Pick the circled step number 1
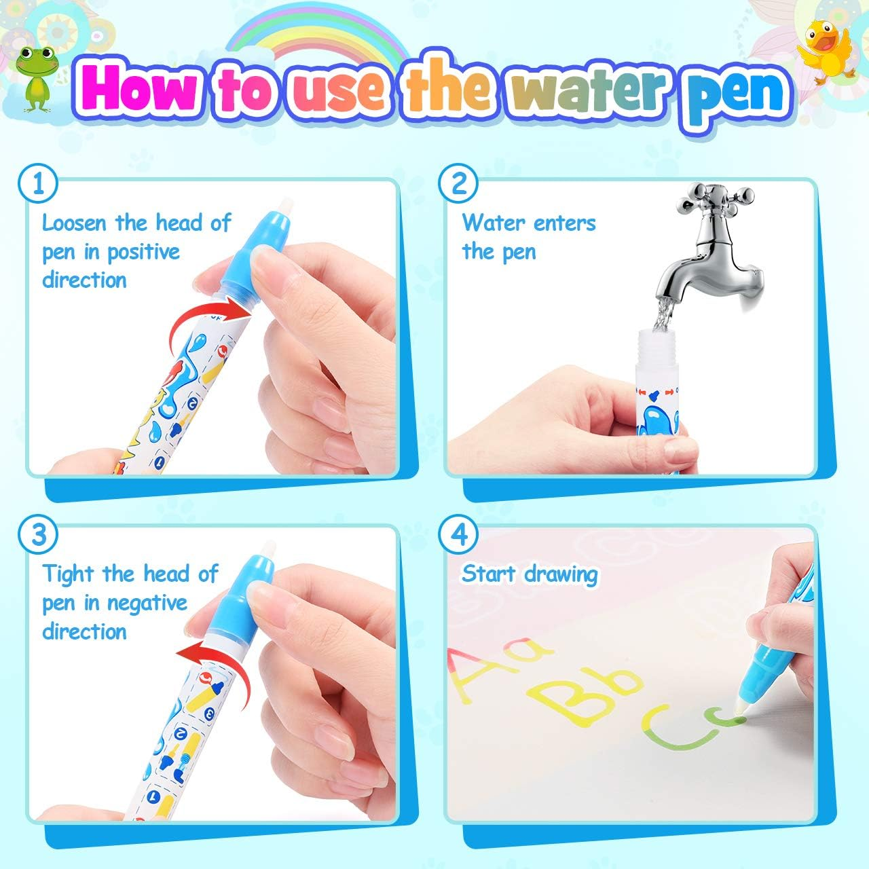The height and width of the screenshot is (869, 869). coord(38,184)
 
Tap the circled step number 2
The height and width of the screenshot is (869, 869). coord(459,184)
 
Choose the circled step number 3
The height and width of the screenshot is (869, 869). coord(38,535)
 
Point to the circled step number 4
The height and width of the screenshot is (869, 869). coord(459,535)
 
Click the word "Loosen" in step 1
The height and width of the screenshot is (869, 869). coord(75,223)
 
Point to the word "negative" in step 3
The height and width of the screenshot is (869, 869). coord(147,603)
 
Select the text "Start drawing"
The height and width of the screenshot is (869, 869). coord(530,574)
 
